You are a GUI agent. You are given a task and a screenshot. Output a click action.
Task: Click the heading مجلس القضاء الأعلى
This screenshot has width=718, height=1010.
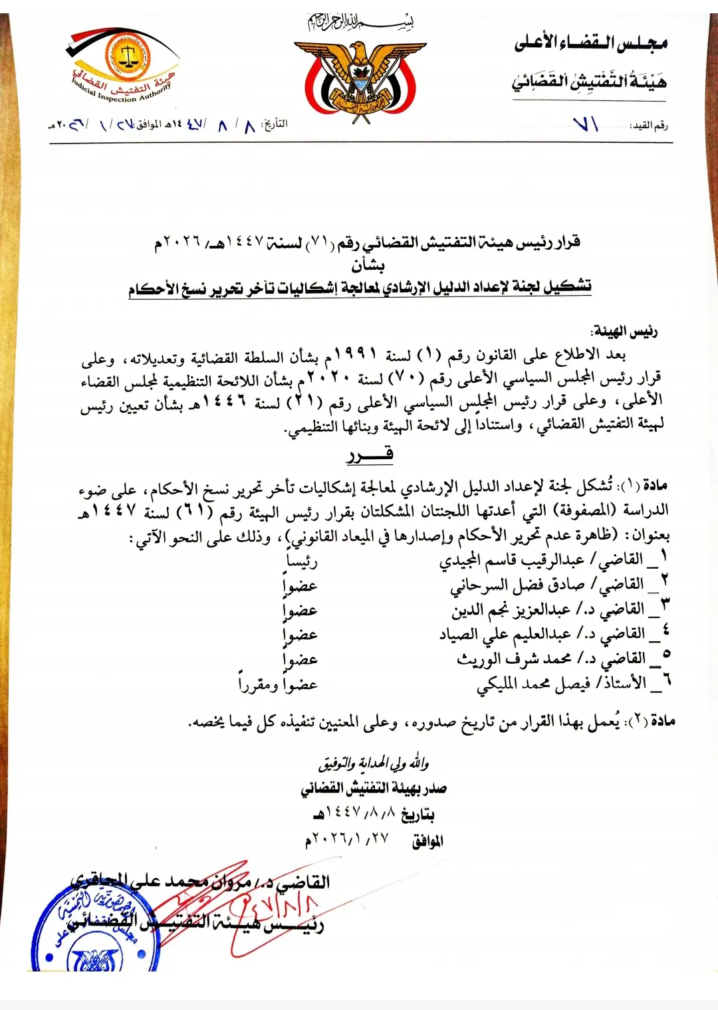coord(590,43)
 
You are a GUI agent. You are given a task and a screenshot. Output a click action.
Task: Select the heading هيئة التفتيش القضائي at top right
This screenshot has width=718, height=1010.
coord(589,82)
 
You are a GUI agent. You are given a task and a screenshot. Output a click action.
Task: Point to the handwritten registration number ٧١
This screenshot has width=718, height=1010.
coord(586,124)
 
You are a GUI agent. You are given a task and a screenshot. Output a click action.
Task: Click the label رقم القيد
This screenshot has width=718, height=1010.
coord(649,125)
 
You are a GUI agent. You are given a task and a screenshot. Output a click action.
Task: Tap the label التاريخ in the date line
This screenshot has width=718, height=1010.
coord(275,124)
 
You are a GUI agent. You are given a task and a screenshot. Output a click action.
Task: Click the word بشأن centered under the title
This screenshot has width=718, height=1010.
coord(368,265)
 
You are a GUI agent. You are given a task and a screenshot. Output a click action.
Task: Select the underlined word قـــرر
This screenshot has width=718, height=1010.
coord(370,454)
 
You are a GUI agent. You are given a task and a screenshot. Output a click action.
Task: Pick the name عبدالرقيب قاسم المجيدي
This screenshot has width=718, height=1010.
coord(512,560)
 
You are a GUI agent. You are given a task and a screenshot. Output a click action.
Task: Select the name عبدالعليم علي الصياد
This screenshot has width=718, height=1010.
coord(505,634)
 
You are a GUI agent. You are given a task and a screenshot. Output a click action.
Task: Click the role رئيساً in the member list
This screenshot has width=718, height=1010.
coord(301,561)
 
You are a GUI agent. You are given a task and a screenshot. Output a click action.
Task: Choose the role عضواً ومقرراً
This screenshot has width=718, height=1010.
coord(278,684)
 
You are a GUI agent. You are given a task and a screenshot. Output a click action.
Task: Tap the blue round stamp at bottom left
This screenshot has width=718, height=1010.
coord(93,930)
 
